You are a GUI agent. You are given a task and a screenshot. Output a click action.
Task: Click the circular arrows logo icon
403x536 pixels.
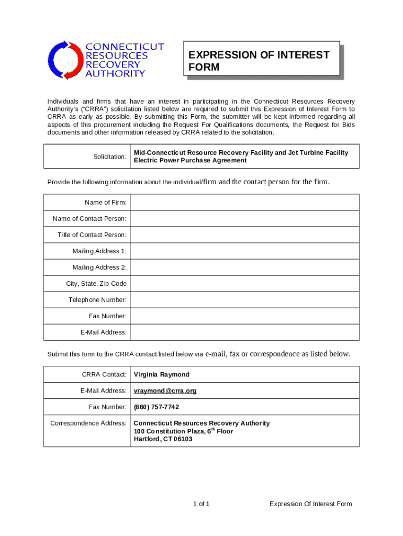pyautogui.click(x=65, y=60)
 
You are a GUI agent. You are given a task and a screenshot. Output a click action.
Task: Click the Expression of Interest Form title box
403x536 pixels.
pyautogui.click(x=263, y=61)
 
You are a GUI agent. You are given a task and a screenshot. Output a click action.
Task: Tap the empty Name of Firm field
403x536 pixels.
pyautogui.click(x=244, y=203)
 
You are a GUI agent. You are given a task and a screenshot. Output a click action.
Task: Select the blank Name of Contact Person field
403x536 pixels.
pyautogui.click(x=244, y=219)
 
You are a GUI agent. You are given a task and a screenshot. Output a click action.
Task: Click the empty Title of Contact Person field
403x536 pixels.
pyautogui.click(x=244, y=235)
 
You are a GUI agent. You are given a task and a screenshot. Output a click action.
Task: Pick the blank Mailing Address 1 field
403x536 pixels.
pyautogui.click(x=244, y=251)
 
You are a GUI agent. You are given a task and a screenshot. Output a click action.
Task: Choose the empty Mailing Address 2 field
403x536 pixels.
pyautogui.click(x=244, y=267)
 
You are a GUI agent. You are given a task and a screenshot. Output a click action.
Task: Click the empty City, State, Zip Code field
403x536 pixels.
pyautogui.click(x=244, y=284)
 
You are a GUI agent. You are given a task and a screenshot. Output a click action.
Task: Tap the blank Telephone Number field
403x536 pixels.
pyautogui.click(x=244, y=300)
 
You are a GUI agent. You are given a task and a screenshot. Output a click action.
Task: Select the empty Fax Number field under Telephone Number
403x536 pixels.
pyautogui.click(x=244, y=316)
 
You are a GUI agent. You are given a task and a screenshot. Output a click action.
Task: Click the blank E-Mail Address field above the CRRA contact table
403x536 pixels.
pyautogui.click(x=244, y=332)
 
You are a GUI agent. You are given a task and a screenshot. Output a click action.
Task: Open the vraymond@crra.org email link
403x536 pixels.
pyautogui.click(x=165, y=391)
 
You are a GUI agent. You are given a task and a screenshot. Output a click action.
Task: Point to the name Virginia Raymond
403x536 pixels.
pyautogui.click(x=162, y=375)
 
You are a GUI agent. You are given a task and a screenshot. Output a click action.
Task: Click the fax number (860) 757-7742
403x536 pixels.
pyautogui.click(x=156, y=407)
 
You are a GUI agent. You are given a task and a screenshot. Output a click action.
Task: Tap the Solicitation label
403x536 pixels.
pyautogui.click(x=110, y=157)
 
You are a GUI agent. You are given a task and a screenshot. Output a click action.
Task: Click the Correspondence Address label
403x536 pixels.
pyautogui.click(x=88, y=423)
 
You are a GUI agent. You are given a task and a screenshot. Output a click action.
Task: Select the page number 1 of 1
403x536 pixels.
pyautogui.click(x=201, y=504)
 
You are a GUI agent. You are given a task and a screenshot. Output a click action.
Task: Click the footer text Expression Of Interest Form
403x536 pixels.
pyautogui.click(x=310, y=504)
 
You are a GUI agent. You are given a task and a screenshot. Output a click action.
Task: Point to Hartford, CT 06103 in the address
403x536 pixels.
pyautogui.click(x=163, y=439)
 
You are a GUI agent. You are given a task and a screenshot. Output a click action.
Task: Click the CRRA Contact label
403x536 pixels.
pyautogui.click(x=104, y=375)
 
